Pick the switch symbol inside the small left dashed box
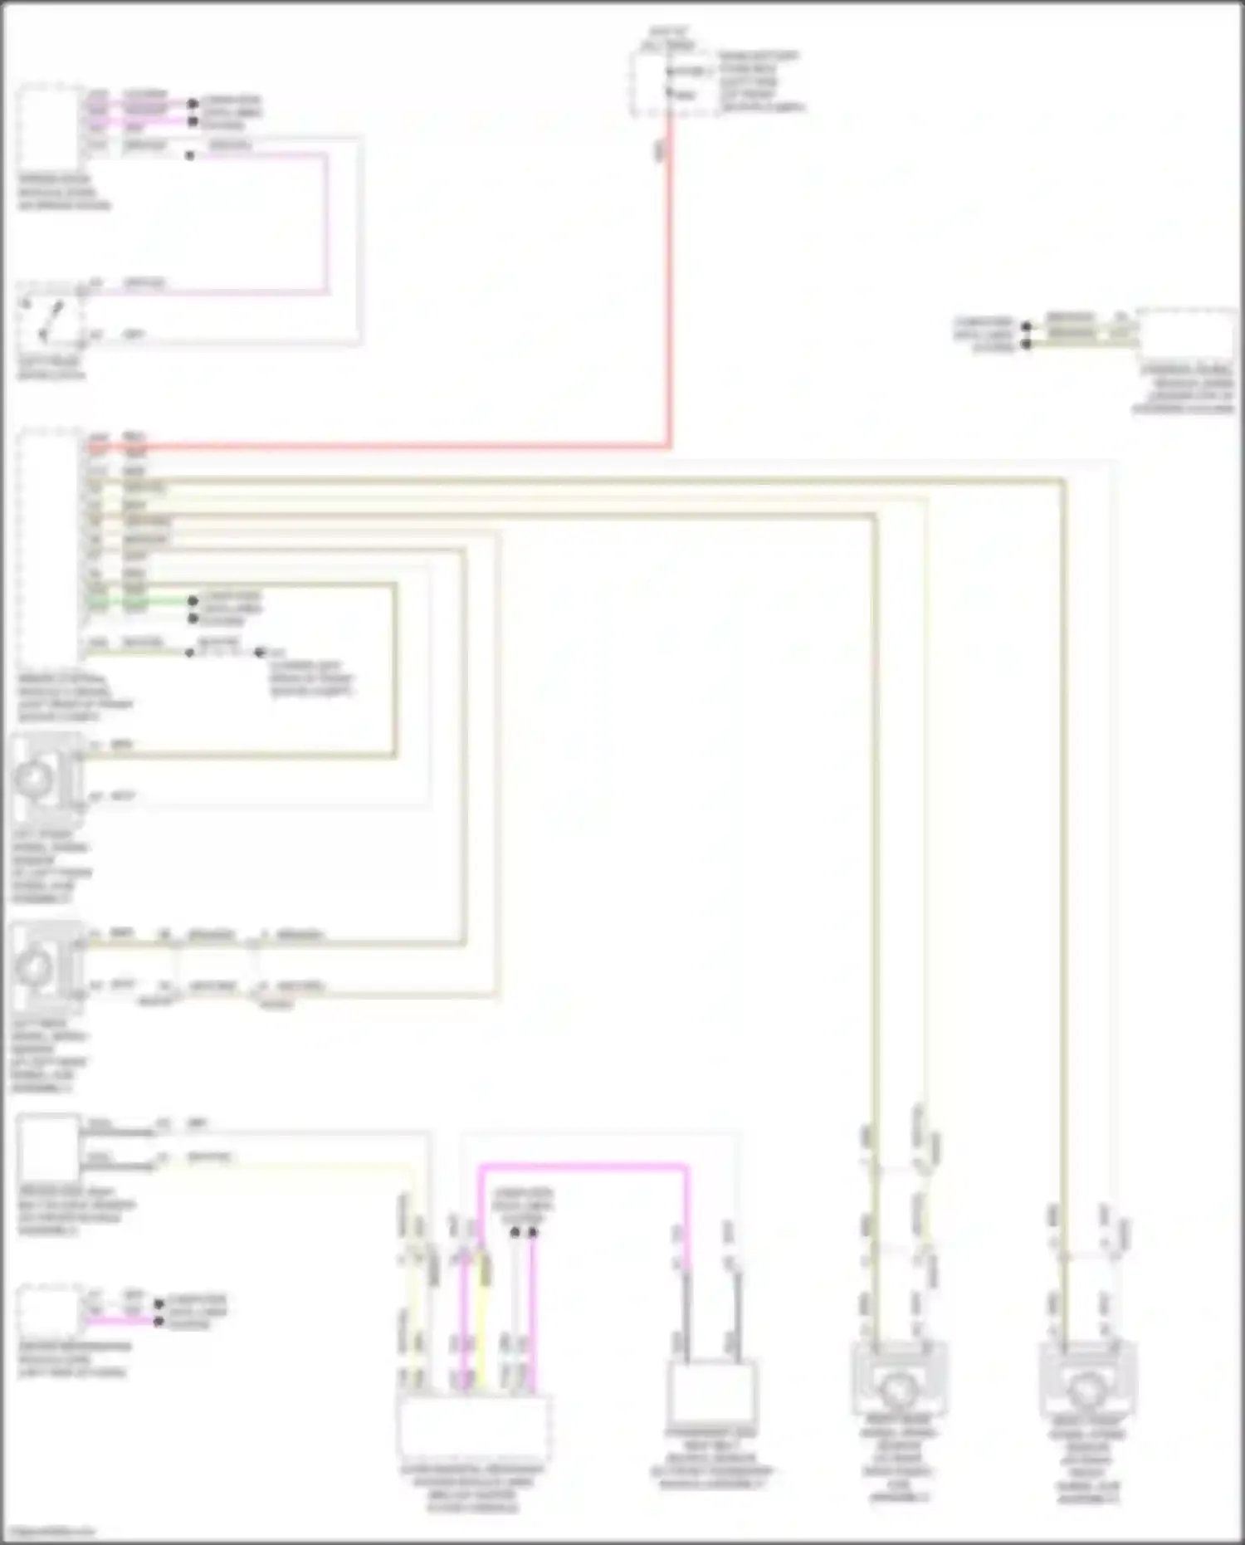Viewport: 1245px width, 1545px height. [x=50, y=320]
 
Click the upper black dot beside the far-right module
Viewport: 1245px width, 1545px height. [x=1027, y=326]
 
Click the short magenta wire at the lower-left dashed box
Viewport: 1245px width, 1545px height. [x=120, y=1320]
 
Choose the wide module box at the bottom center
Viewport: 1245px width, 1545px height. [x=473, y=1426]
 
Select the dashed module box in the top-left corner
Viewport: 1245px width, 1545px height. [x=48, y=125]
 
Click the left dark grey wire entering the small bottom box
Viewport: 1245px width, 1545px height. [x=687, y=1312]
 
